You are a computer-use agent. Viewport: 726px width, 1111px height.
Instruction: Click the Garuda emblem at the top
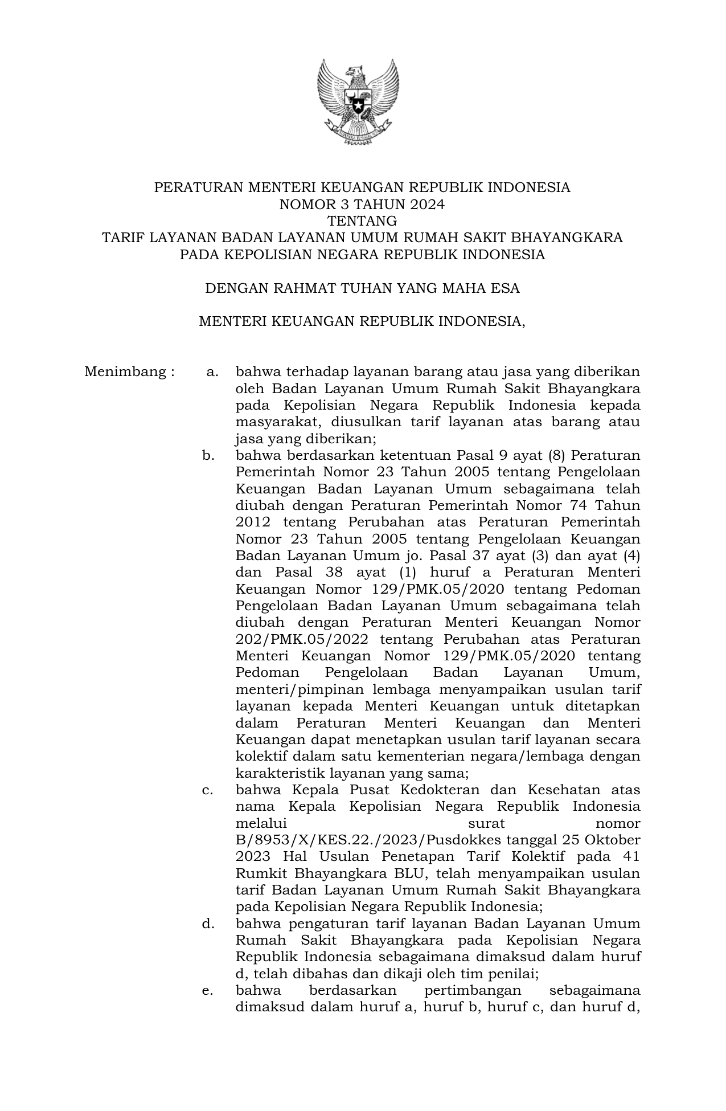coord(358,102)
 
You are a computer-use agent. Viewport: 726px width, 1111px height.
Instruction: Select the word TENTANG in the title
coord(362,220)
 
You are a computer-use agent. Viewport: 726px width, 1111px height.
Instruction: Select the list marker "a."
coord(212,372)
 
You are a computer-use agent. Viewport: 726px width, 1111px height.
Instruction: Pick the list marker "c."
coord(208,790)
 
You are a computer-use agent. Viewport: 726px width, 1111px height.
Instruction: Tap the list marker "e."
coord(208,990)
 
